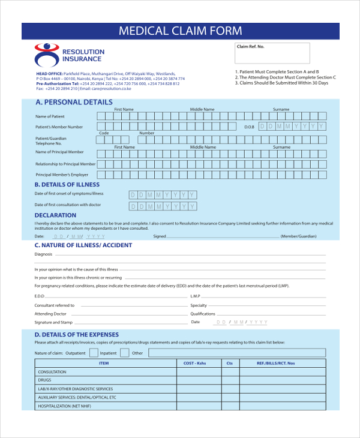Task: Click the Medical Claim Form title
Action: pyautogui.click(x=180, y=31)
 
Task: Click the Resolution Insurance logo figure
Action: pyautogui.click(x=46, y=55)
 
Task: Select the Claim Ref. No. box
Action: pyautogui.click(x=272, y=53)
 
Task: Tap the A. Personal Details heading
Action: pyautogui.click(x=74, y=102)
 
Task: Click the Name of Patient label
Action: pyautogui.click(x=50, y=116)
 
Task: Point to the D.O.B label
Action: pyautogui.click(x=250, y=127)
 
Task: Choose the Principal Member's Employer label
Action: pyautogui.click(x=62, y=175)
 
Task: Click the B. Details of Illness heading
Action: pyautogui.click(x=67, y=185)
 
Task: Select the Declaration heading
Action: pyautogui.click(x=55, y=215)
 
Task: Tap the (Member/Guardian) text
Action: pyautogui.click(x=298, y=236)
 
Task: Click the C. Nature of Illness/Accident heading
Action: pyautogui.click(x=83, y=245)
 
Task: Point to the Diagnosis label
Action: pyautogui.click(x=44, y=254)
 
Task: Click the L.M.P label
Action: pyautogui.click(x=195, y=296)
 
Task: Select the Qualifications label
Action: pyautogui.click(x=203, y=314)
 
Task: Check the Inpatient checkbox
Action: pyautogui.click(x=124, y=353)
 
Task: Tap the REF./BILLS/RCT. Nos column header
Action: pyautogui.click(x=275, y=364)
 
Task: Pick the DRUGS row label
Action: pyautogui.click(x=44, y=380)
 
